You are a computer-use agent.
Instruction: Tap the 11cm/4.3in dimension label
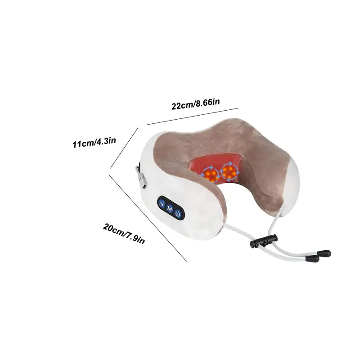pos(94,143)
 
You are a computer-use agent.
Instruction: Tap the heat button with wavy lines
pos(161,205)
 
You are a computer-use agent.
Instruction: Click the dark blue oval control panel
pos(170,209)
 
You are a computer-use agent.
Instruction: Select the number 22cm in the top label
pos(180,106)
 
